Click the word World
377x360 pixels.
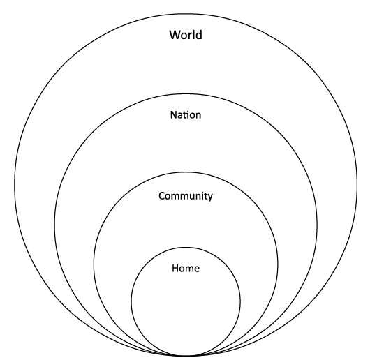coord(186,35)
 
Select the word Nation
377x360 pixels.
coord(186,115)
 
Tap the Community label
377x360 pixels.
coord(186,196)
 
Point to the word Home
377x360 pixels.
coord(186,268)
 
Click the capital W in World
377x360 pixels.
coord(175,35)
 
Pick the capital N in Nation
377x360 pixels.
coord(174,115)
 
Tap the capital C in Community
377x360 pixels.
coord(162,196)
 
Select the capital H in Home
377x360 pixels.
coord(175,268)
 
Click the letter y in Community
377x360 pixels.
coord(210,197)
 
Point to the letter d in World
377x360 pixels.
coord(198,35)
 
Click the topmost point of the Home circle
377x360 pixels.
coord(186,247)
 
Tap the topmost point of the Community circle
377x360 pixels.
coord(186,172)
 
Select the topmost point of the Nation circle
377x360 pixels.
coord(186,94)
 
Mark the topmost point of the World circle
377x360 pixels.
coord(186,14)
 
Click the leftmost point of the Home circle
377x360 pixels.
coord(131,301)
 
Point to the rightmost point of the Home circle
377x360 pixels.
coord(240,301)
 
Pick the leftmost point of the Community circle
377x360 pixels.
coord(94,264)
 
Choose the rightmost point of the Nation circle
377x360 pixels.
coord(317,225)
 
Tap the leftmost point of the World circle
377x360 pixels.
coord(15,185)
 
